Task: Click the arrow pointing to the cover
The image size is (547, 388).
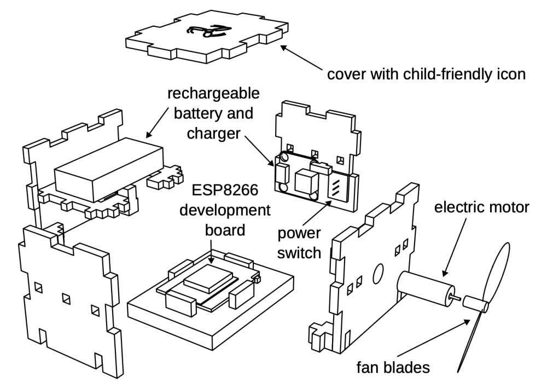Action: [302, 59]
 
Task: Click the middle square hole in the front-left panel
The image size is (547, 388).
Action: [66, 299]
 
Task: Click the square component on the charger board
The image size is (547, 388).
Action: [305, 179]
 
